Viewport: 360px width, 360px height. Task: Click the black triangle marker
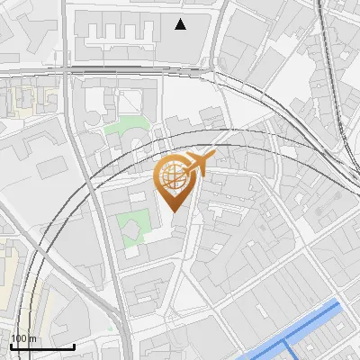pos(181,24)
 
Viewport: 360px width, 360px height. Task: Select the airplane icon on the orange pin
pos(200,162)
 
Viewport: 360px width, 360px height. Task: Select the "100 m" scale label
pos(23,338)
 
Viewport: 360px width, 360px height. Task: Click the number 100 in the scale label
pos(20,338)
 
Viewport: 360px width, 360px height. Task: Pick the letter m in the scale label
pos(32,339)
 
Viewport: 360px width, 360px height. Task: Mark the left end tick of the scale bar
pos(11,345)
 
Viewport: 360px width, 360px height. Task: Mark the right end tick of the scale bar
pos(74,345)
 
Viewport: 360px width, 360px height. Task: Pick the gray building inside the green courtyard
pos(133,227)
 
